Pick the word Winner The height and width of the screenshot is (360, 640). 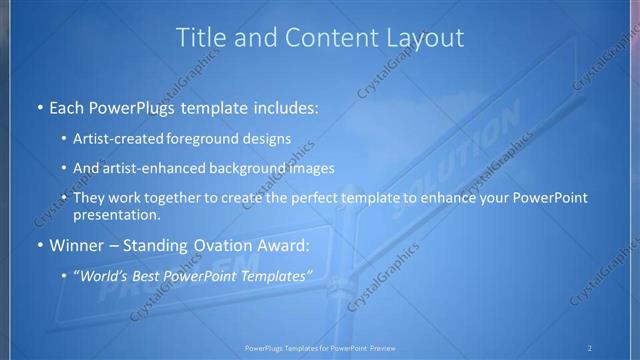(75, 245)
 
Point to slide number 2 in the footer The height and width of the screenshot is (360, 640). (589, 348)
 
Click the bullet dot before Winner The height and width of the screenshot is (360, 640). (38, 246)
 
